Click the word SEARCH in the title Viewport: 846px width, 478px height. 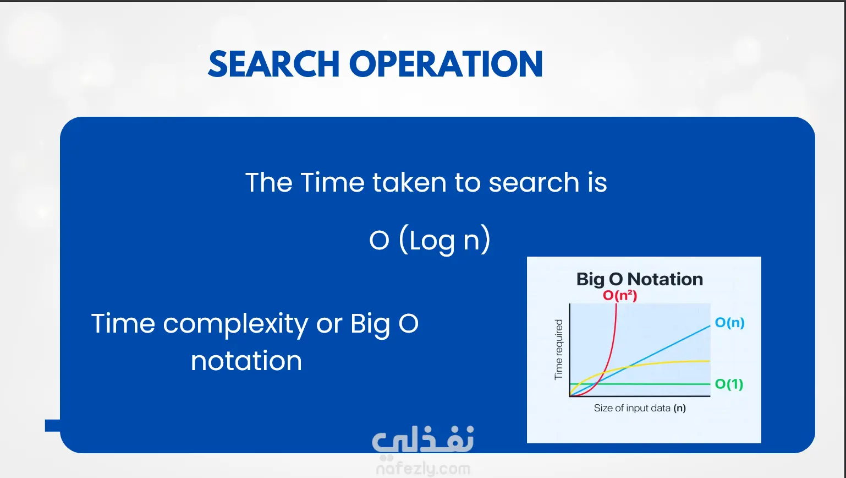click(x=274, y=64)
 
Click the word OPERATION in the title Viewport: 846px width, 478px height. click(x=446, y=64)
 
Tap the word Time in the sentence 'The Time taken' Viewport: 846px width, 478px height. click(x=333, y=183)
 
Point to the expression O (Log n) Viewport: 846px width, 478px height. click(x=430, y=240)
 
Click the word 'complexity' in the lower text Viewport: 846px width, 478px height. click(x=235, y=324)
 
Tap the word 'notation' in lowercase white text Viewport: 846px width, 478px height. click(x=246, y=361)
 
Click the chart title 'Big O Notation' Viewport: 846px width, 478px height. click(x=640, y=279)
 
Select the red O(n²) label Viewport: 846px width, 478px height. click(x=620, y=295)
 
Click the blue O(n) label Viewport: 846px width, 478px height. click(x=730, y=323)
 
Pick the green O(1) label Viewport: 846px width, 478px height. click(x=729, y=384)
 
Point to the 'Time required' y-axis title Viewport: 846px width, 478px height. click(x=558, y=350)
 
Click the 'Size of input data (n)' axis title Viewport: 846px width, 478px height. click(x=640, y=408)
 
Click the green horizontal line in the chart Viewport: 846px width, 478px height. click(x=640, y=384)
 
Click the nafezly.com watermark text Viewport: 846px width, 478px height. click(x=423, y=469)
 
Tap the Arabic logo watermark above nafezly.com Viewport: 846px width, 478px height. click(x=423, y=440)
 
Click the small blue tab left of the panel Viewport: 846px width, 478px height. click(x=52, y=426)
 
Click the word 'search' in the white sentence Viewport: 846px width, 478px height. click(x=535, y=183)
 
